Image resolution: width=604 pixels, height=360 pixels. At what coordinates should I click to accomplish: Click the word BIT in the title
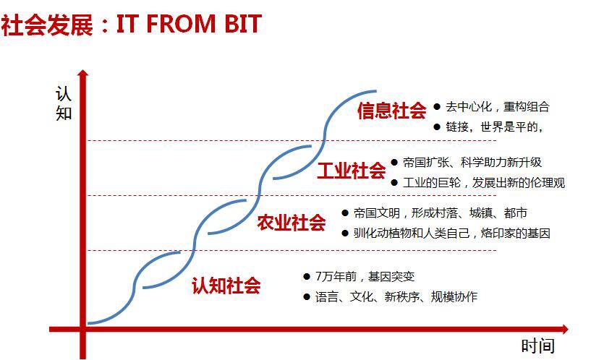pyautogui.click(x=242, y=24)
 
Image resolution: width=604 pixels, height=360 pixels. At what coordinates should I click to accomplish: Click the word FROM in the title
pyautogui.click(x=181, y=24)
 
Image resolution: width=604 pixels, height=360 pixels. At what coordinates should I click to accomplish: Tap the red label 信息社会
pyautogui.click(x=391, y=111)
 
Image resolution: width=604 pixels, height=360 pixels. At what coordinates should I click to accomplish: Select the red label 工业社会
pyautogui.click(x=352, y=170)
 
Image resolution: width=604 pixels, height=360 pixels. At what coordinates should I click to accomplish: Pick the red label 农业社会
pyautogui.click(x=292, y=223)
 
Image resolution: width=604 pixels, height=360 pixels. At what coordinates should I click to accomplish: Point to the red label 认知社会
pyautogui.click(x=226, y=286)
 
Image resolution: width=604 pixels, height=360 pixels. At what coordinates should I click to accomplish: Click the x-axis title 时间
pyautogui.click(x=538, y=346)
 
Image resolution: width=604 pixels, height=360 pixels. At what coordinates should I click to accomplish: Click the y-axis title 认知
pyautogui.click(x=64, y=103)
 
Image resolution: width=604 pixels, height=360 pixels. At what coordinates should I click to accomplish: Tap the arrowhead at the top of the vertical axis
pyautogui.click(x=82, y=73)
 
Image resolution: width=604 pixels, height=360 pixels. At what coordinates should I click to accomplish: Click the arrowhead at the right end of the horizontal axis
pyautogui.click(x=565, y=329)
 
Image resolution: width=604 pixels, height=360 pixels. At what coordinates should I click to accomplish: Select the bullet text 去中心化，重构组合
pyautogui.click(x=497, y=107)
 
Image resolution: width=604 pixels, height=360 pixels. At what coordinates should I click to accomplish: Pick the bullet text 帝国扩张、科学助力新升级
pyautogui.click(x=472, y=163)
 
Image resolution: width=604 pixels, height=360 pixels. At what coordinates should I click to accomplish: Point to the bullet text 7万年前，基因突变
pyautogui.click(x=365, y=276)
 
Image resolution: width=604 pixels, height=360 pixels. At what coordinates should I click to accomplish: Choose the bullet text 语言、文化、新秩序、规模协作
pyautogui.click(x=396, y=296)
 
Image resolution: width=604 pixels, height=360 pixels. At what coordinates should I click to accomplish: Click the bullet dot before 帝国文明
pyautogui.click(x=345, y=213)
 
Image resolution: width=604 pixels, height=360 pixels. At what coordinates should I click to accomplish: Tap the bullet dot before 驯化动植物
pyautogui.click(x=345, y=233)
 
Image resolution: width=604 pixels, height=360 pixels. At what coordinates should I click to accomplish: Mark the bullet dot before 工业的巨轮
pyautogui.click(x=394, y=182)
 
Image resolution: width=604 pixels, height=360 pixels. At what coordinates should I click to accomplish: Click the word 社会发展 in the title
pyautogui.click(x=47, y=25)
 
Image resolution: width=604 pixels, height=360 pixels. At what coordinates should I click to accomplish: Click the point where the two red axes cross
pyautogui.click(x=82, y=329)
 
